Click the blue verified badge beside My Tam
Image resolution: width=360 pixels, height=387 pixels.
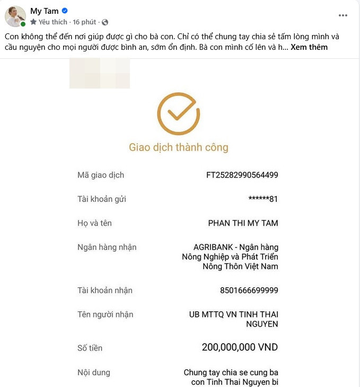[65, 11]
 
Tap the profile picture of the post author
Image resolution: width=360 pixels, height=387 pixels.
[15, 16]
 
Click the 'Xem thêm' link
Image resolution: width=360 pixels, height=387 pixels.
[309, 47]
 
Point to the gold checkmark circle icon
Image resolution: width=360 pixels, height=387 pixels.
[179, 113]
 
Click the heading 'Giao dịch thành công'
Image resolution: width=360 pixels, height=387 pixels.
[179, 147]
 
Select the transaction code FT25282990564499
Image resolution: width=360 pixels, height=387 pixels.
[242, 175]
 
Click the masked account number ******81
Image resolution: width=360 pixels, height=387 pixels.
[263, 199]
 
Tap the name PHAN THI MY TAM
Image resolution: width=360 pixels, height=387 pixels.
[243, 223]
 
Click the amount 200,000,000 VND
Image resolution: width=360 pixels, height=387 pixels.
[240, 348]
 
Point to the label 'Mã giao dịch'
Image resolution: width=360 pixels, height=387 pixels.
[100, 175]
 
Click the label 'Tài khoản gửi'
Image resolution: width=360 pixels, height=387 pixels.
[101, 199]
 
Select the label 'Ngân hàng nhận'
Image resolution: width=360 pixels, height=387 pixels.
[107, 248]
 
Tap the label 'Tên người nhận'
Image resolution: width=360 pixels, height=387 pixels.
[105, 314]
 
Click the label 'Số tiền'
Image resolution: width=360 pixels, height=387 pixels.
[90, 348]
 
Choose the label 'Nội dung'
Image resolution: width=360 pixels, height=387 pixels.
[93, 372]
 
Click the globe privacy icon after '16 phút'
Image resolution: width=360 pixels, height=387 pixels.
[105, 22]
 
